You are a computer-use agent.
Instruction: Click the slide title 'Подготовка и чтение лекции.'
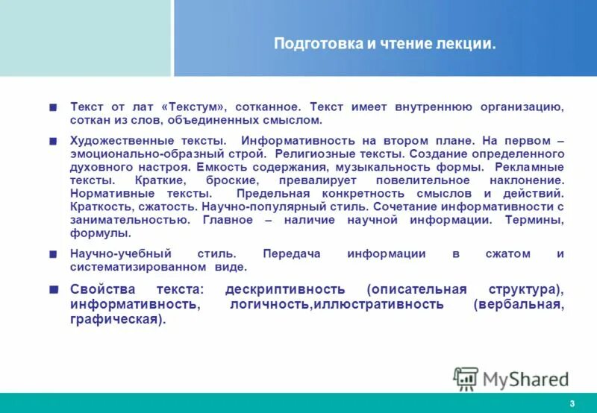(x=384, y=43)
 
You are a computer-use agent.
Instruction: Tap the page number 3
(x=572, y=404)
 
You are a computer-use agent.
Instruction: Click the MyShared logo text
(x=525, y=379)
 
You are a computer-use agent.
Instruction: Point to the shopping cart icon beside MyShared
(x=466, y=379)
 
